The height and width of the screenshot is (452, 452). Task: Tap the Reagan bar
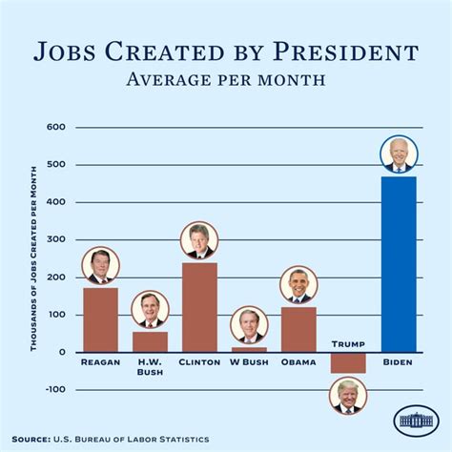tap(100, 320)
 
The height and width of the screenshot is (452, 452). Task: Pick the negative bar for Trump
tap(348, 362)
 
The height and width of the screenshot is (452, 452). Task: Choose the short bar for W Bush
tap(249, 349)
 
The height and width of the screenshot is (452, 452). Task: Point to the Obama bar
tap(298, 329)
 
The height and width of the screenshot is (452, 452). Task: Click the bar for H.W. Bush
tap(150, 341)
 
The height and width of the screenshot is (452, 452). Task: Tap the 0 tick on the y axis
tap(61, 353)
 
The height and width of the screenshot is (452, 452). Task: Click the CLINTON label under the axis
tap(199, 363)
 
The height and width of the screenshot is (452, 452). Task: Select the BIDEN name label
tap(398, 363)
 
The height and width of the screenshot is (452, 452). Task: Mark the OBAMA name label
tap(298, 363)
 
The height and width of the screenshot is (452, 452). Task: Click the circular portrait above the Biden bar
tap(398, 155)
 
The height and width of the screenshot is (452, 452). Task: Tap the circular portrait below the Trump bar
tap(348, 396)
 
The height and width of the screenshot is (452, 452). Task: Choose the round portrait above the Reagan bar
tap(100, 266)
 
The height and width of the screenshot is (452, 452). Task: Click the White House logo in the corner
tap(415, 421)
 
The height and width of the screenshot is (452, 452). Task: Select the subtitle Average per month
tap(225, 78)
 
